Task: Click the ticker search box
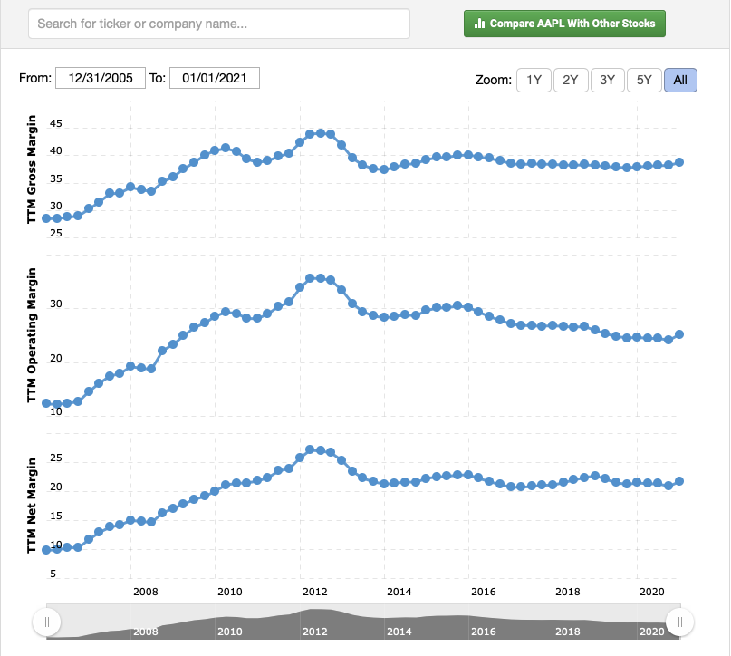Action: [x=219, y=24]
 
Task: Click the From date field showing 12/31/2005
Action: [x=101, y=78]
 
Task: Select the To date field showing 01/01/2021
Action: [x=215, y=78]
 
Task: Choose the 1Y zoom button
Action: [x=534, y=80]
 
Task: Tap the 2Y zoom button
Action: [x=571, y=80]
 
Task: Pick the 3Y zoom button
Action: [x=607, y=80]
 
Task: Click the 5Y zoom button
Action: [x=644, y=80]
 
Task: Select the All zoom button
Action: [x=680, y=80]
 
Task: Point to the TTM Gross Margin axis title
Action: [x=33, y=169]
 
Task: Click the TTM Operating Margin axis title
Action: [x=33, y=335]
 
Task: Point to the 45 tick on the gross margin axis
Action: [x=56, y=123]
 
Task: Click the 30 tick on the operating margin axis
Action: [x=56, y=305]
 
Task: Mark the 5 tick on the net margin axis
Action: [x=53, y=574]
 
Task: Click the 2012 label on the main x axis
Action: [x=315, y=592]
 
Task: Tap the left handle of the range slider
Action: [x=46, y=622]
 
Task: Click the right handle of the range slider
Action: [x=679, y=622]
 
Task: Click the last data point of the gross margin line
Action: [x=679, y=162]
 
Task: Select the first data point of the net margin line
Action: [x=46, y=550]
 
